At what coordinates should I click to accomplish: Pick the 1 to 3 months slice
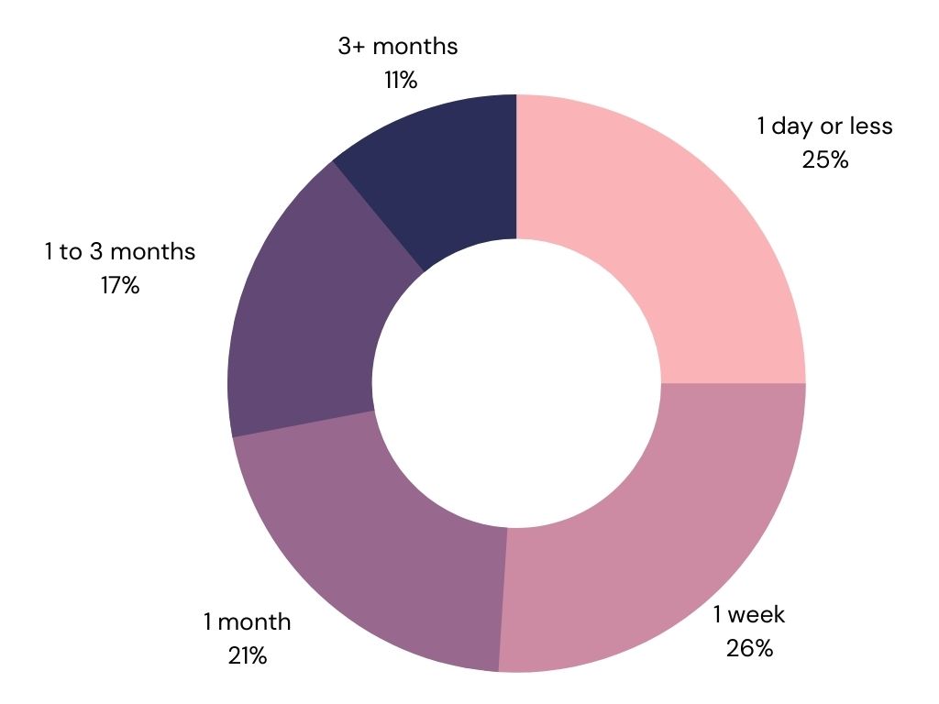click(x=305, y=324)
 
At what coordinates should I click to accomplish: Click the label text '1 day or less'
click(x=824, y=126)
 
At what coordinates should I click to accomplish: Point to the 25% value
click(x=825, y=160)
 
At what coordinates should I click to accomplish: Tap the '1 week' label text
click(x=748, y=614)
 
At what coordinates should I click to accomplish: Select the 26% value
click(x=750, y=648)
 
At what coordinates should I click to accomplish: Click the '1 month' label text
click(x=247, y=622)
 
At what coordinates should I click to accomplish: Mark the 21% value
click(x=248, y=656)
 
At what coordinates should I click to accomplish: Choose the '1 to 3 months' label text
click(x=120, y=251)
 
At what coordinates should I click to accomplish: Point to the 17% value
click(x=120, y=286)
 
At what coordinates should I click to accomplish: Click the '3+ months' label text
click(x=398, y=46)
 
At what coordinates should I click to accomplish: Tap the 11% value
click(x=401, y=81)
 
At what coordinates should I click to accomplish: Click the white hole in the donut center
click(x=517, y=383)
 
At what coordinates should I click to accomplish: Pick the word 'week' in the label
click(x=757, y=614)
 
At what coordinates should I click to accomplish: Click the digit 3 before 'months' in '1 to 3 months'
click(x=96, y=251)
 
